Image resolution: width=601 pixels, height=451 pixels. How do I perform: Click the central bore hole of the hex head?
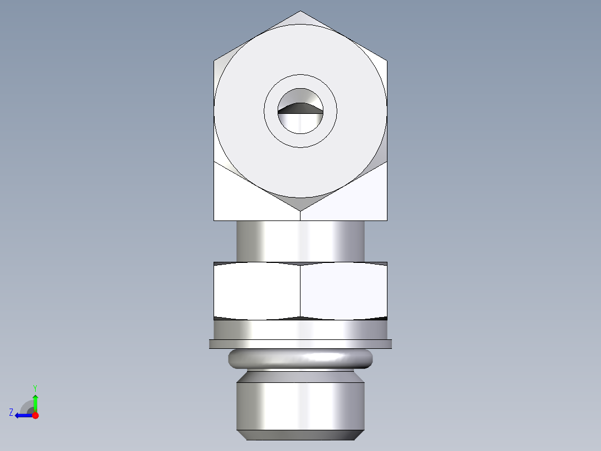pos(300,112)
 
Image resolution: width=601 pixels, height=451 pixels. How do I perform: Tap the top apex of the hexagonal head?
pos(300,12)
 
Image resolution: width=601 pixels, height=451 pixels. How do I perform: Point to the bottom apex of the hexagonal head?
pos(300,210)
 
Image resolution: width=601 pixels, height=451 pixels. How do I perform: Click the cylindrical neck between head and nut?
pos(300,241)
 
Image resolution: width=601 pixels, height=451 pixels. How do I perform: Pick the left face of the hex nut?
pos(257,291)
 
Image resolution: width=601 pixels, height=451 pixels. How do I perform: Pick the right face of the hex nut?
pos(343,291)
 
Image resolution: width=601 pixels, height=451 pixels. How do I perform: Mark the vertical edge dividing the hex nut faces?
pos(300,291)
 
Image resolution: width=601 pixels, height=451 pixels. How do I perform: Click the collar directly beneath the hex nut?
pos(300,329)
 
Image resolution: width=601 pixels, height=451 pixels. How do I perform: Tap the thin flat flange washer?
pos(300,344)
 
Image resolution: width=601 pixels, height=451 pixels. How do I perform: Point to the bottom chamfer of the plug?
pos(300,435)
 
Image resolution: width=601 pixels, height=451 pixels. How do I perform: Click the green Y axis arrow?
pos(35,401)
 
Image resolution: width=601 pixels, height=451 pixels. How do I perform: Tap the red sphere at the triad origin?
pos(35,415)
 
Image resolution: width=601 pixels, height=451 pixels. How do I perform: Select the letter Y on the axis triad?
pos(35,387)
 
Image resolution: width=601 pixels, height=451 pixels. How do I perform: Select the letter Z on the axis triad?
pos(11,412)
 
